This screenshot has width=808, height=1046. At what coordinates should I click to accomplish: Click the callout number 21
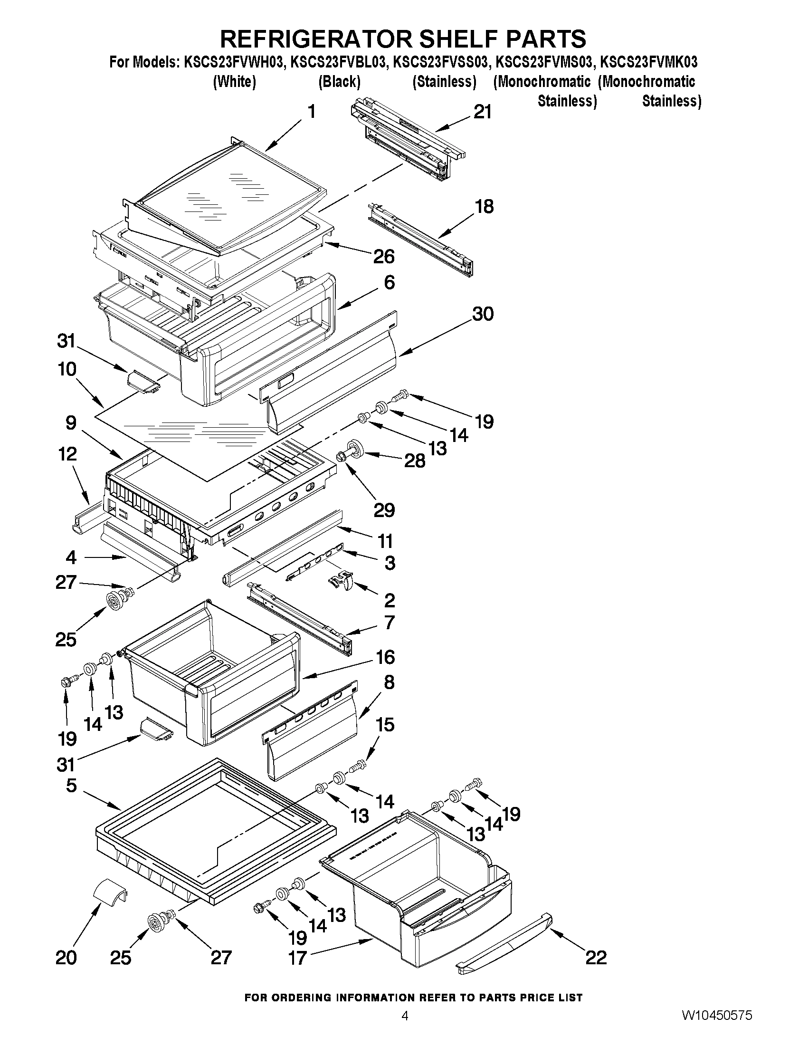[x=483, y=112]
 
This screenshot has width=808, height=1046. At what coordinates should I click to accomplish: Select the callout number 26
[x=384, y=257]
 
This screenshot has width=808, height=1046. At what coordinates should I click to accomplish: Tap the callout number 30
[x=483, y=314]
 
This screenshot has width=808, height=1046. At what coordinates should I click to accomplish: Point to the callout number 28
[x=415, y=461]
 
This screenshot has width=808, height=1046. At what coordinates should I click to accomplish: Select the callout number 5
[x=71, y=786]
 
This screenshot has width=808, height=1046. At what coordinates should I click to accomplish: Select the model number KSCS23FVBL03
[x=339, y=62]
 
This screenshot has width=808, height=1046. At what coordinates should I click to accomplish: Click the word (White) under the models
[x=234, y=82]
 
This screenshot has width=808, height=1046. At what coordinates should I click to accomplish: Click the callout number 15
[x=386, y=725]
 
